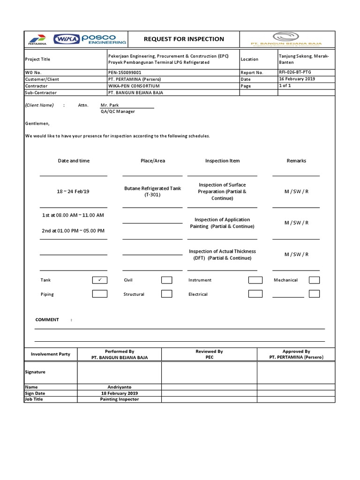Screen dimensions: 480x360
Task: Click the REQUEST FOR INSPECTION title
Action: click(184, 39)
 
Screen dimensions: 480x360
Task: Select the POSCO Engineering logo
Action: click(104, 39)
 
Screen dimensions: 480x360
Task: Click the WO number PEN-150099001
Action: click(124, 73)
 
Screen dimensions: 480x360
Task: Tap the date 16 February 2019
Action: click(297, 79)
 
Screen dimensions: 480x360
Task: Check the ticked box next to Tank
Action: click(99, 280)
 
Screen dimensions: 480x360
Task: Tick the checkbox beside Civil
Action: click(166, 280)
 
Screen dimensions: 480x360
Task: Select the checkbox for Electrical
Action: click(255, 294)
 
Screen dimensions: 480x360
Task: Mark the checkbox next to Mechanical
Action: click(314, 280)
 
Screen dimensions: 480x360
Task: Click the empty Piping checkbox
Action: click(99, 294)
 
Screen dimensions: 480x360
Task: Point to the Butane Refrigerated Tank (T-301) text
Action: click(152, 191)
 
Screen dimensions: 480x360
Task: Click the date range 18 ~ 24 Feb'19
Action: click(73, 191)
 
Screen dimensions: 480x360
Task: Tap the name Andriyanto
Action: click(120, 387)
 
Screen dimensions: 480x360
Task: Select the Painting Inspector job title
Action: click(120, 399)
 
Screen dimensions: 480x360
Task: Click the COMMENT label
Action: click(47, 320)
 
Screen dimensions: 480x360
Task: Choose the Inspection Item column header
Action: click(222, 161)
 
